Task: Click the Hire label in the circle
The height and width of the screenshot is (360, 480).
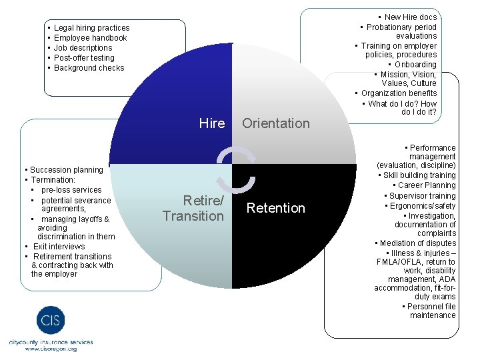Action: pyautogui.click(x=212, y=123)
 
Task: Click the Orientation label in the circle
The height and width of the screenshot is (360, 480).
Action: pyautogui.click(x=276, y=123)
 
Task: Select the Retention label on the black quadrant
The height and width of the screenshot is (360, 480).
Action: pyautogui.click(x=276, y=208)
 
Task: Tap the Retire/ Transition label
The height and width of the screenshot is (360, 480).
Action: pyautogui.click(x=193, y=208)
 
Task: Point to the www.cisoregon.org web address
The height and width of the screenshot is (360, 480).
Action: pyautogui.click(x=51, y=349)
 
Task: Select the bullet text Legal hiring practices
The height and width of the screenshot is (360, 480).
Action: pyautogui.click(x=91, y=28)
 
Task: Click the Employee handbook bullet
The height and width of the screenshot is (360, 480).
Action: pyautogui.click(x=90, y=38)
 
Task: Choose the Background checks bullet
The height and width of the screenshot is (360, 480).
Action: pyautogui.click(x=89, y=68)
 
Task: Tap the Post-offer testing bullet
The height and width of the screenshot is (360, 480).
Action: pyautogui.click(x=84, y=58)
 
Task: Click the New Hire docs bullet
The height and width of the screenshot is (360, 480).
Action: pyautogui.click(x=411, y=17)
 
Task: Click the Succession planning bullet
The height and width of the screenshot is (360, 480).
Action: pyautogui.click(x=66, y=170)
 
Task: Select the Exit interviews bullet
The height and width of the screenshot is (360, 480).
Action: pyautogui.click(x=59, y=247)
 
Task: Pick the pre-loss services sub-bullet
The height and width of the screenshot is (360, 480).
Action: pyautogui.click(x=71, y=190)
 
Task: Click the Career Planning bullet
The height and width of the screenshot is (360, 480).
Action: pyautogui.click(x=427, y=185)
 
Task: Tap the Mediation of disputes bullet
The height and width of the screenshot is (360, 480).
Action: pyautogui.click(x=418, y=243)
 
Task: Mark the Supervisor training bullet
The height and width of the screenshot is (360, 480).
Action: pyautogui.click(x=423, y=196)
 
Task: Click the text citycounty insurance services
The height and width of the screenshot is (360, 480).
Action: pyautogui.click(x=51, y=342)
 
